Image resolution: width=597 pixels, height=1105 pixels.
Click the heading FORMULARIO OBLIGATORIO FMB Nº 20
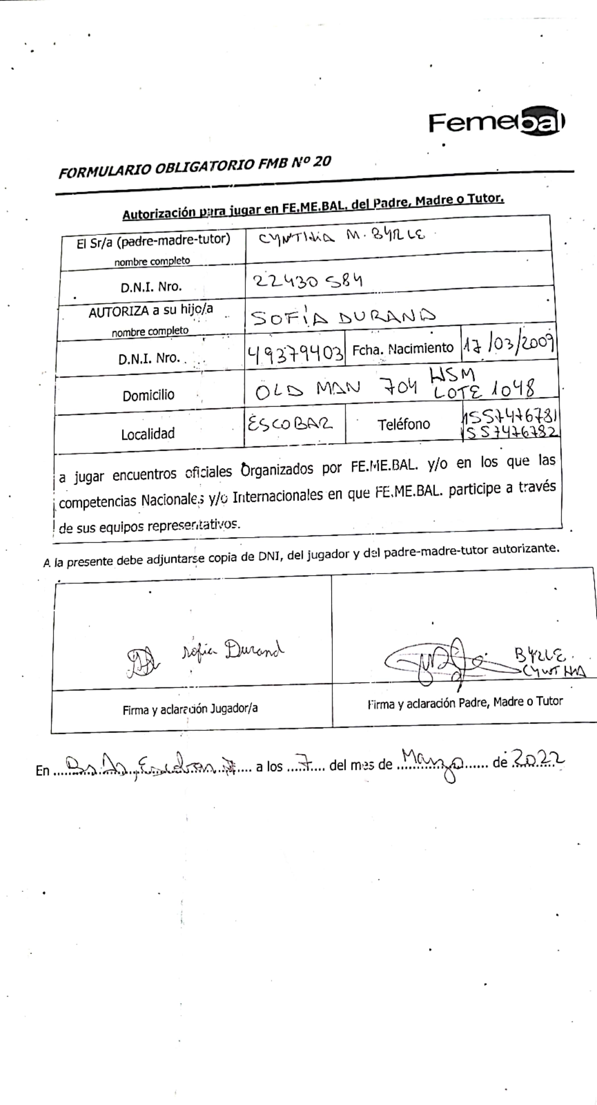click(x=195, y=167)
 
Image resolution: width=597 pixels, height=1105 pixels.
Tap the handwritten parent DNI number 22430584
click(x=308, y=281)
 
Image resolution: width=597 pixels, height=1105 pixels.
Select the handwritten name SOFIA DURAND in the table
click(x=343, y=317)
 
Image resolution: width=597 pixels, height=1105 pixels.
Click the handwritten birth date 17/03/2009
click(x=509, y=345)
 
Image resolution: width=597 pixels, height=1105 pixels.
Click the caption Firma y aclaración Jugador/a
click(x=190, y=710)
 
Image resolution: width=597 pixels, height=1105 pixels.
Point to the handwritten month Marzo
click(x=432, y=762)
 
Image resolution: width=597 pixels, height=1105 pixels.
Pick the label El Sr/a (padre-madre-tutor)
click(x=153, y=241)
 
